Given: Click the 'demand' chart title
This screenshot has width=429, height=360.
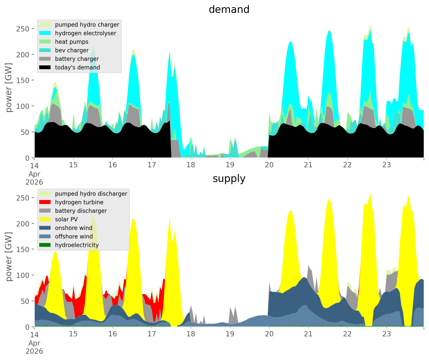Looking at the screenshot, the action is point(229,10).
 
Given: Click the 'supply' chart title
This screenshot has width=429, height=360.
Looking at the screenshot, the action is point(229,179).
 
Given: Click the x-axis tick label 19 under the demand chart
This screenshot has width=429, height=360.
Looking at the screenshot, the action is point(230,165).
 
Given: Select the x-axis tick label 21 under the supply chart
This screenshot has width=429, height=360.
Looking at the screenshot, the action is point(308,334).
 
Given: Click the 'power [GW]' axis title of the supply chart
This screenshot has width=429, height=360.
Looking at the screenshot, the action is point(9,257).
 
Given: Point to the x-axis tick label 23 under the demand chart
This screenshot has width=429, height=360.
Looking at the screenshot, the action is point(387,165).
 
